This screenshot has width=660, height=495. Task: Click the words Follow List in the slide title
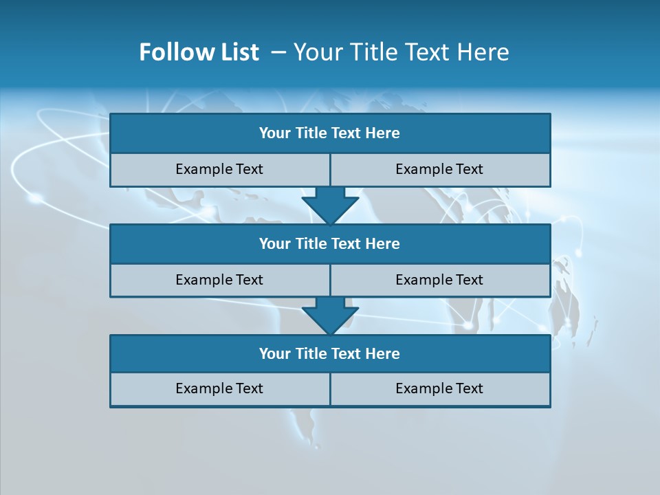(x=199, y=52)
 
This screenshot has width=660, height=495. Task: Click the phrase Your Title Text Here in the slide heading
(x=401, y=52)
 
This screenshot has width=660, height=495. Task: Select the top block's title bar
(x=330, y=133)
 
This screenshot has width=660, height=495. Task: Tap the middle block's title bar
(x=330, y=243)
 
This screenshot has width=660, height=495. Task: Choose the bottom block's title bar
(x=330, y=353)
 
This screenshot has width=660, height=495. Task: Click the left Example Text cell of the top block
(x=220, y=169)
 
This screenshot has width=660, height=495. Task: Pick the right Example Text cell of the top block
(x=440, y=169)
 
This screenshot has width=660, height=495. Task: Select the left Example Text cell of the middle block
(x=220, y=280)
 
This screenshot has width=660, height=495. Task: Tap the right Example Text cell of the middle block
(x=440, y=280)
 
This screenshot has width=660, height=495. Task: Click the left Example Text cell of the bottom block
(x=220, y=388)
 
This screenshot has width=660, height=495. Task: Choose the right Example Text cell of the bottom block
(x=440, y=388)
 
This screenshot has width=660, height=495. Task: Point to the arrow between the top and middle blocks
(x=330, y=206)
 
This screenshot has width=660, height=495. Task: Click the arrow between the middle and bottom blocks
(x=330, y=316)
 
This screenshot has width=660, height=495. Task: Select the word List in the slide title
(x=236, y=52)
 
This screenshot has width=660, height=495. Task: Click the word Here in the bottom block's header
(x=382, y=353)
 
